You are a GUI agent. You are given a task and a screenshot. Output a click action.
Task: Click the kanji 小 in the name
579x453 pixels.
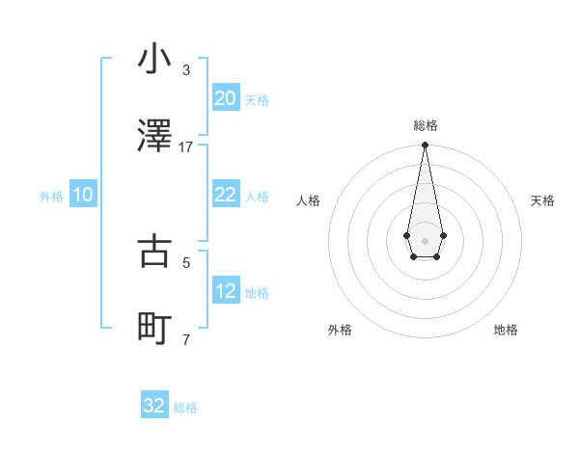click(154, 59)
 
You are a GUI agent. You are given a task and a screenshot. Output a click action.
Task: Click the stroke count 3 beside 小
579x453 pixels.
click(186, 70)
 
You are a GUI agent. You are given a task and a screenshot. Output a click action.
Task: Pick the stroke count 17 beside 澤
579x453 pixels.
click(186, 147)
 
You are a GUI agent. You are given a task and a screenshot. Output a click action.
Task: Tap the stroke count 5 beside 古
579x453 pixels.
click(186, 262)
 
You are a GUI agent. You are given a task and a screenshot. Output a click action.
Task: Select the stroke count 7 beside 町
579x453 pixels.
click(186, 339)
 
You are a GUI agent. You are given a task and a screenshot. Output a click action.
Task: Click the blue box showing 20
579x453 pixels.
click(225, 98)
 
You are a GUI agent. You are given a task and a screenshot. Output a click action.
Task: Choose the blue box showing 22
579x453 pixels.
click(225, 195)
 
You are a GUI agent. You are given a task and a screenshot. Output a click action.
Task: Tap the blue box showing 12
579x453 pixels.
click(225, 291)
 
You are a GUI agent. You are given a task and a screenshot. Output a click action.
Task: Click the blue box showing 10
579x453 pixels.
click(83, 195)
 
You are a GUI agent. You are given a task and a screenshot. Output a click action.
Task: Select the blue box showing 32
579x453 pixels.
click(154, 406)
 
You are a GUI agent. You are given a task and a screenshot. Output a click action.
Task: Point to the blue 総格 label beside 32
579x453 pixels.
click(185, 408)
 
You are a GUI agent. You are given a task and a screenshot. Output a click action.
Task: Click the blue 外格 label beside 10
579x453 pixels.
click(51, 197)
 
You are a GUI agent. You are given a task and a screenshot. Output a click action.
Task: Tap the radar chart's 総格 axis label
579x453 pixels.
click(425, 125)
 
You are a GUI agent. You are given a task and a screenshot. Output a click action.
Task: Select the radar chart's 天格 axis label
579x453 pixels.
click(543, 200)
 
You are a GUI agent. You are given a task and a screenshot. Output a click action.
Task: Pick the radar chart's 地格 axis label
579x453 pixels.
click(506, 330)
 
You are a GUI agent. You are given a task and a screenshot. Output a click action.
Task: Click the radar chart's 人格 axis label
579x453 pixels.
click(308, 200)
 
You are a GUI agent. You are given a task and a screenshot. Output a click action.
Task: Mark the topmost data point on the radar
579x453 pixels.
click(425, 145)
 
